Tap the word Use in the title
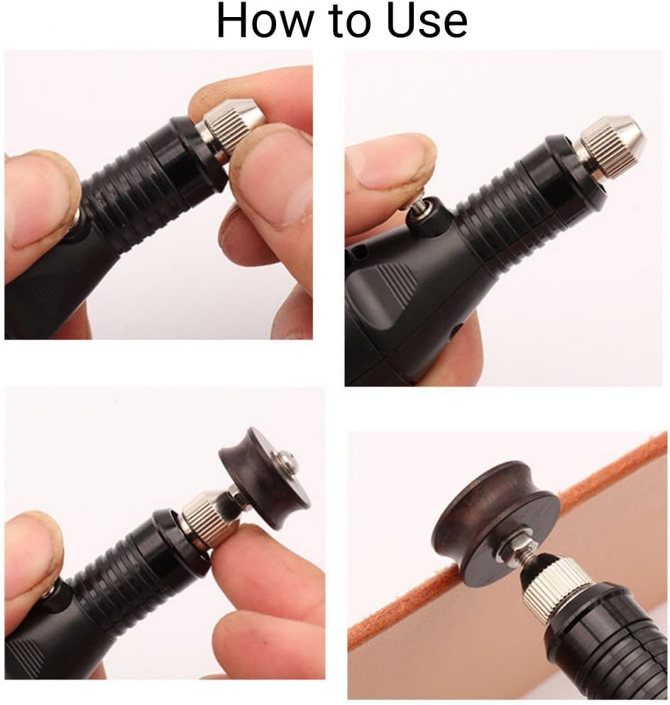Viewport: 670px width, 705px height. (427, 21)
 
